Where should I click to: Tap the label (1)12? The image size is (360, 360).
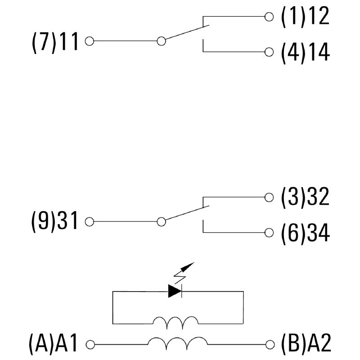point(305,17)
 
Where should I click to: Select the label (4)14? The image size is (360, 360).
point(305,52)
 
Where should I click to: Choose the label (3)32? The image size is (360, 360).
point(305,198)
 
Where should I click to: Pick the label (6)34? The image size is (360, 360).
point(305,233)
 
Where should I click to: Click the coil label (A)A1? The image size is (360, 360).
point(54,344)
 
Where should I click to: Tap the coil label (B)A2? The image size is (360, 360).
point(306,344)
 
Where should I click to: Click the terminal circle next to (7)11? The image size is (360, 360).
point(89,41)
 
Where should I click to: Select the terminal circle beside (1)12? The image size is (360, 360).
point(269,17)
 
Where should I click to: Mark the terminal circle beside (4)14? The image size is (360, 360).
point(269,52)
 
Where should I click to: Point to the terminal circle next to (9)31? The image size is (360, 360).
point(89,222)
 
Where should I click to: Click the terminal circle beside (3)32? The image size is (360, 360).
point(269,198)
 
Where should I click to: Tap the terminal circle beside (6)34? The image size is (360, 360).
point(269,233)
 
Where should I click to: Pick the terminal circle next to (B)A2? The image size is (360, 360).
point(269,345)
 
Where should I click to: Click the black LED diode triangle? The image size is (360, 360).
point(175,291)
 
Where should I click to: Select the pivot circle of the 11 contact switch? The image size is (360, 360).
point(161,41)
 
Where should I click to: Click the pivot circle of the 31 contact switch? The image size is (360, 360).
point(161,222)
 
